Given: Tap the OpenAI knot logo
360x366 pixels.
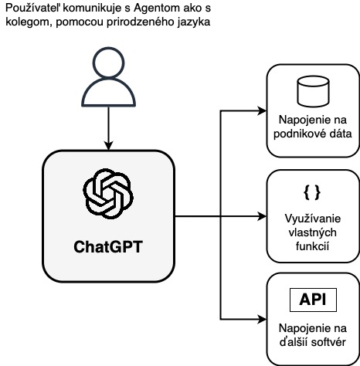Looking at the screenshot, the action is coord(108,194).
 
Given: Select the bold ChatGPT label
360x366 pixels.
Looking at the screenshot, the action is coord(108,246).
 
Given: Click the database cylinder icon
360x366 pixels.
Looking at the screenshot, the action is coord(313,91).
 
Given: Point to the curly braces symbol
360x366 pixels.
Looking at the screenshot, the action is coord(312,192).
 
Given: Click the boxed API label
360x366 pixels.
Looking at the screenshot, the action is coord(313,300).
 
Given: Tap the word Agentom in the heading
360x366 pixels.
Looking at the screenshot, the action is coord(157,8).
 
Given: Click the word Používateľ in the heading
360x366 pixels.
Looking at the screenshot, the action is coord(33,8).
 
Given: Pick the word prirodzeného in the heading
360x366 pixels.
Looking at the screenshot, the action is coord(141,22).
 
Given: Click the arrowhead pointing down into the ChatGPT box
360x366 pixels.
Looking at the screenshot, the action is coord(108,145).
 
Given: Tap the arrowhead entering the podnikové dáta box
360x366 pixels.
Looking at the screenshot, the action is coord(262,111).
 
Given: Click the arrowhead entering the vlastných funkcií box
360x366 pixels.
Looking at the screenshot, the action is coord(262,216).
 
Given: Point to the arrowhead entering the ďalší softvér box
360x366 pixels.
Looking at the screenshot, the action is coord(262,320).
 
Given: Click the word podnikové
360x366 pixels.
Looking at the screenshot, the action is coord(298,134).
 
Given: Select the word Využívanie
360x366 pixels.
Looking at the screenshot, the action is coord(313,219).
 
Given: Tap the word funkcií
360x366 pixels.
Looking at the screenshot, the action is coord(312,246).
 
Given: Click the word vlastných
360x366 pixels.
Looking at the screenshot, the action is coord(312,232).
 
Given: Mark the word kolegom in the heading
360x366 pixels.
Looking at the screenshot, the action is coord(28,22).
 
